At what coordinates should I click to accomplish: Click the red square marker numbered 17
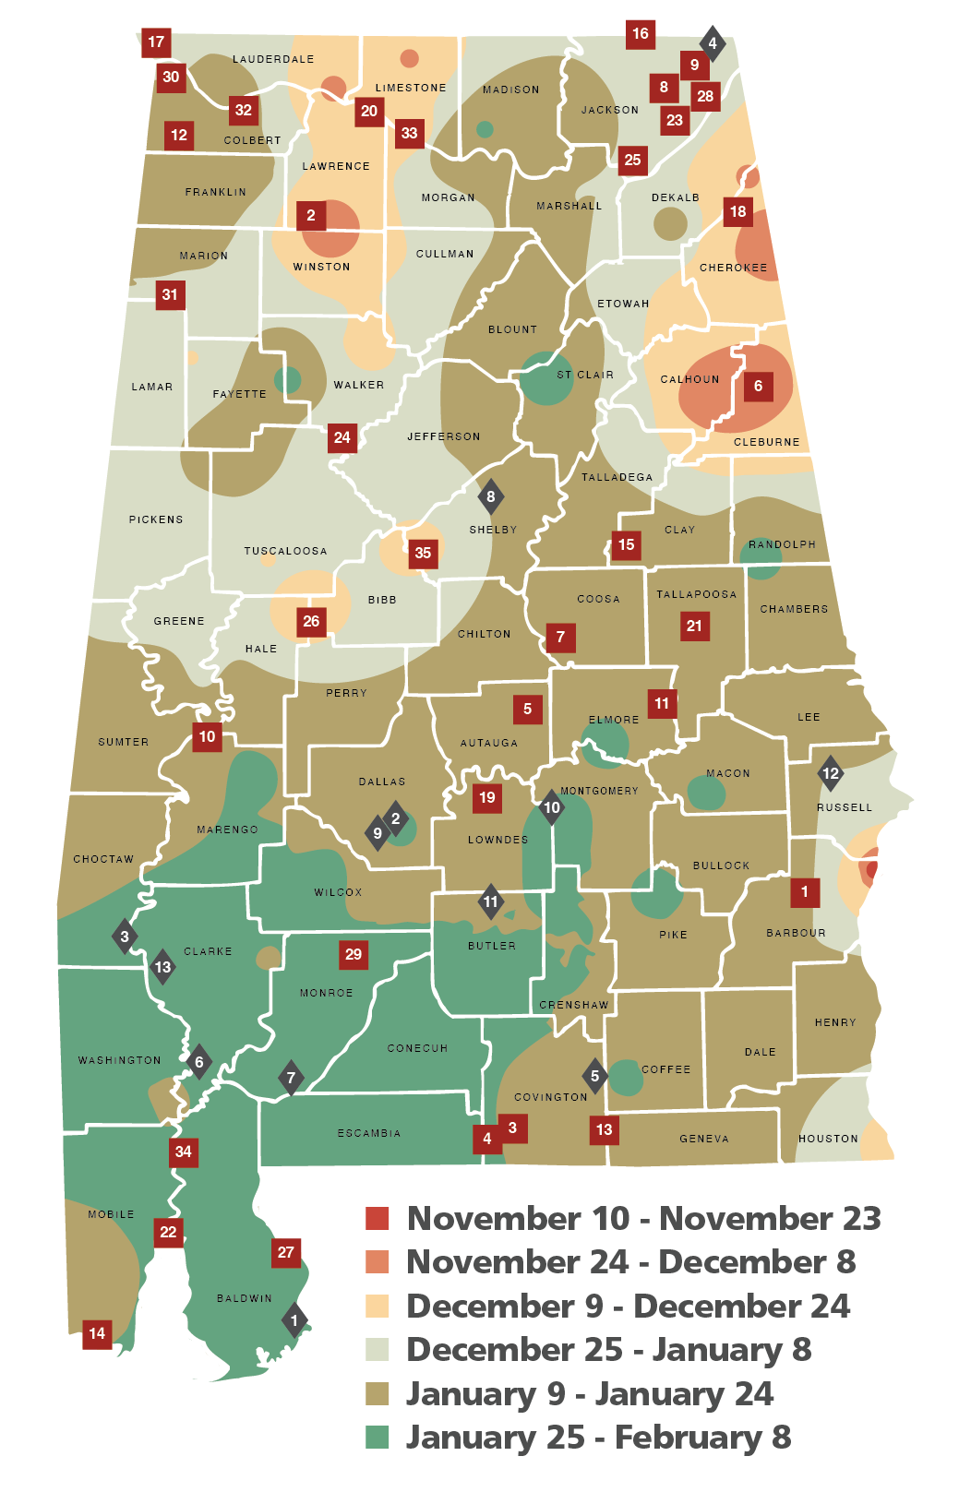(156, 42)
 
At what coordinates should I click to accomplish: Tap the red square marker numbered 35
(423, 553)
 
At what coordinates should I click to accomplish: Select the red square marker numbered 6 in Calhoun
(758, 386)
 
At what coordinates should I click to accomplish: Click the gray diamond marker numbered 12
(831, 773)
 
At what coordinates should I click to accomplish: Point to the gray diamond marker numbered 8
(490, 496)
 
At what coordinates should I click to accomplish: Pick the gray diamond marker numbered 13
(162, 967)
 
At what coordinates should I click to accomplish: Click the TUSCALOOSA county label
(285, 551)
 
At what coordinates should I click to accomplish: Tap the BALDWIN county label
(244, 1298)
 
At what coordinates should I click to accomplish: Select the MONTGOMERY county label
(599, 791)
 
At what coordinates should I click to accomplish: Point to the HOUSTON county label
(828, 1139)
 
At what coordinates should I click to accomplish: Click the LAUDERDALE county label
(273, 59)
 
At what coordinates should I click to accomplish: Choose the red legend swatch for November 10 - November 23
(378, 1218)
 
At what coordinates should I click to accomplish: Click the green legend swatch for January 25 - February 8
(378, 1438)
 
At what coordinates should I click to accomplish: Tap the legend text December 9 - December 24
(628, 1306)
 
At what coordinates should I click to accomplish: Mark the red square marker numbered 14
(97, 1333)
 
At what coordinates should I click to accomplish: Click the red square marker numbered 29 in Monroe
(354, 954)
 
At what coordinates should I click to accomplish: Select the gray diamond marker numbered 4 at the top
(712, 42)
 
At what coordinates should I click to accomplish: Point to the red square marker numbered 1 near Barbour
(804, 891)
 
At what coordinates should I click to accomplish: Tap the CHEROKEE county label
(733, 268)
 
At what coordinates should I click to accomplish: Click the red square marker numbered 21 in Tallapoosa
(694, 626)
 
